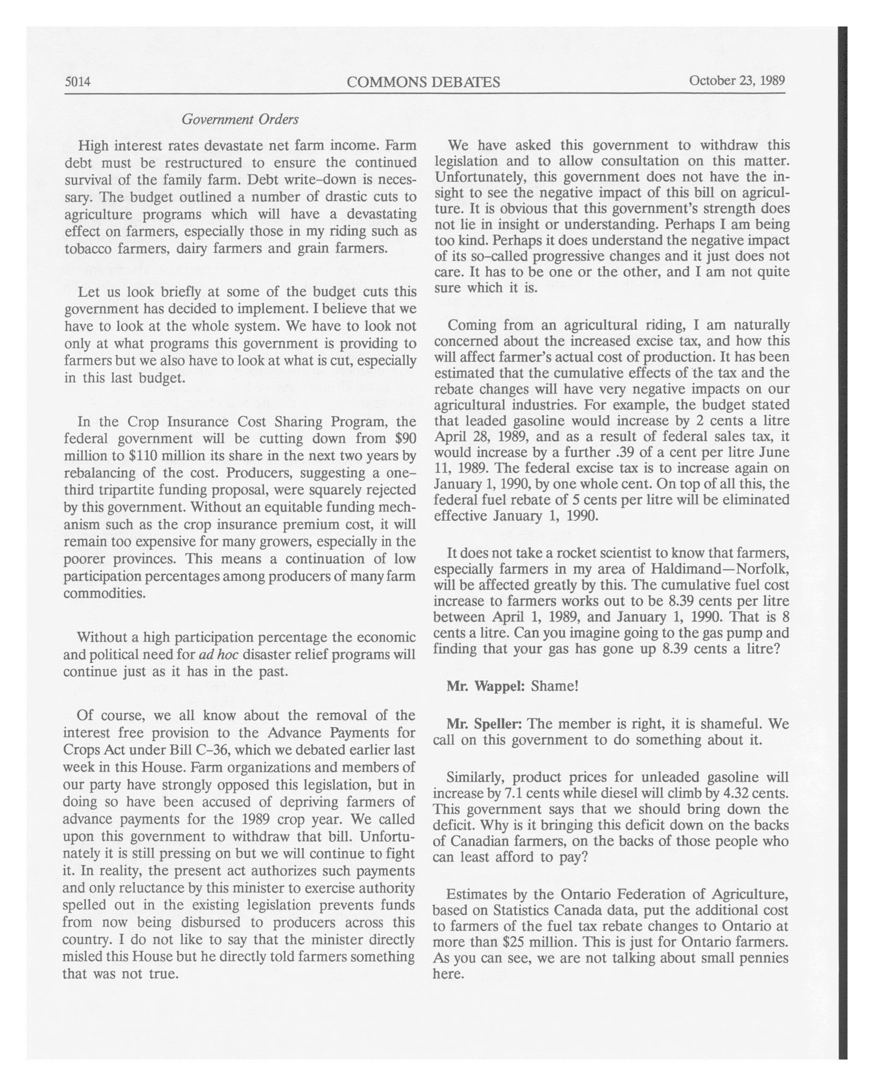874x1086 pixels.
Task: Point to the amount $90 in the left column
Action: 406,438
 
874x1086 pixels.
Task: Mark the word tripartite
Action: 126,490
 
